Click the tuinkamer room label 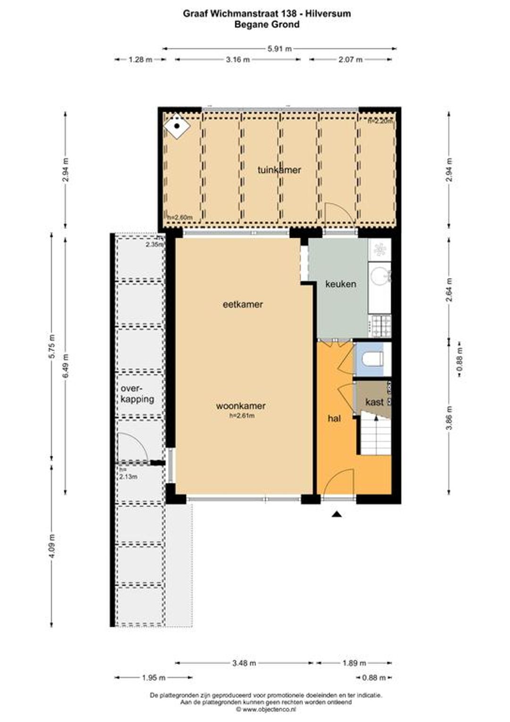[279, 170]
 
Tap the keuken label [340, 284]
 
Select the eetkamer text [243, 304]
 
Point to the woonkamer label [241, 406]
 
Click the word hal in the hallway [334, 419]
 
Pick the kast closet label [374, 402]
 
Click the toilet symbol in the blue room [373, 359]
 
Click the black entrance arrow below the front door [337, 514]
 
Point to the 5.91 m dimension [280, 49]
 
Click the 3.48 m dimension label [244, 663]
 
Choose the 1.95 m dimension [153, 678]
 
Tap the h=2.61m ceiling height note [242, 416]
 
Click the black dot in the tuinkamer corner [177, 126]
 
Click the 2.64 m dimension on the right [450, 290]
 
